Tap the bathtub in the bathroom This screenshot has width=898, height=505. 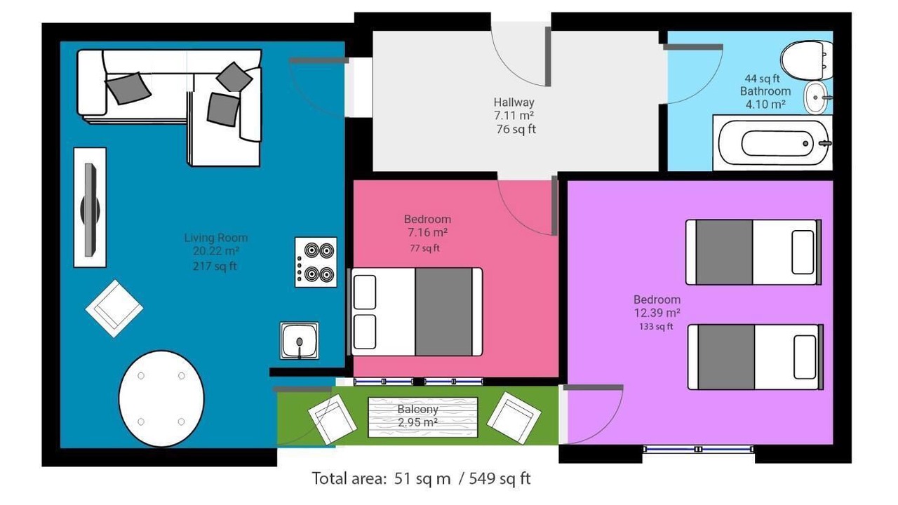(773, 143)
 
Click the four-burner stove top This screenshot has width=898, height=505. (316, 262)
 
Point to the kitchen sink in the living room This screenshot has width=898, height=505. (300, 341)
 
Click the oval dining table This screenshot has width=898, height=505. (161, 398)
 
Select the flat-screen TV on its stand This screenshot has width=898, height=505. (90, 208)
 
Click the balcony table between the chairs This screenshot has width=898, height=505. (423, 417)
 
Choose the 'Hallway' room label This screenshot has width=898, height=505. (514, 102)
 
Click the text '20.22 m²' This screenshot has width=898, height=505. (216, 251)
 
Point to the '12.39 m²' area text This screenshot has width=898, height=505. (657, 313)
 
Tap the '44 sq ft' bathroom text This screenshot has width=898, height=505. (762, 79)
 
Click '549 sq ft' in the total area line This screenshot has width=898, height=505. (500, 478)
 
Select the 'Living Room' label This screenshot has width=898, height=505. (216, 238)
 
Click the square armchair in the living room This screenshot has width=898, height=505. (114, 309)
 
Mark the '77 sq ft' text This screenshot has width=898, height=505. (425, 248)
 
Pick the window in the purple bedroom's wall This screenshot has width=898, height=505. (698, 450)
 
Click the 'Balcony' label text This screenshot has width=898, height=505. (417, 410)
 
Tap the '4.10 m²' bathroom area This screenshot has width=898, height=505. (765, 105)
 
